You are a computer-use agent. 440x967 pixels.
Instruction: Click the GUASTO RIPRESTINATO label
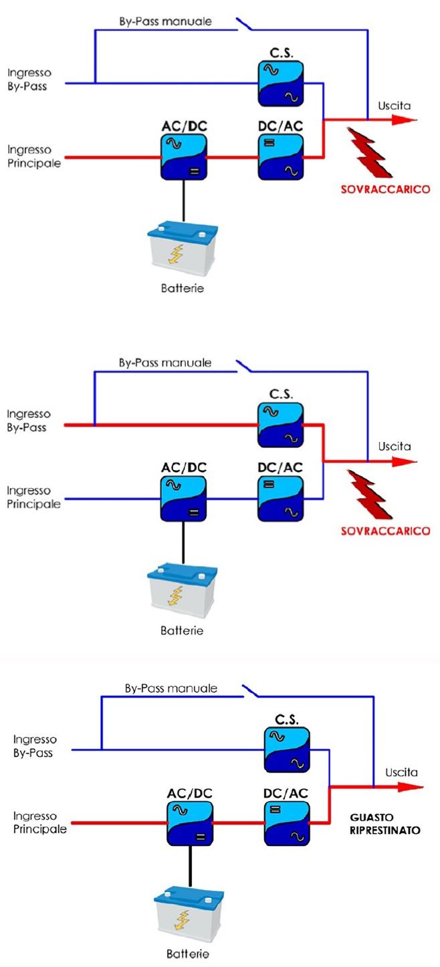pyautogui.click(x=385, y=824)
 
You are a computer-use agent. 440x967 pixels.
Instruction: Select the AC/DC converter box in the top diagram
pyautogui.click(x=183, y=156)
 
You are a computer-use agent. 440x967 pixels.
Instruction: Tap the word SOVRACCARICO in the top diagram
pyautogui.click(x=385, y=189)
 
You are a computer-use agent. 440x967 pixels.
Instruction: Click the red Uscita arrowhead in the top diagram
pyautogui.click(x=404, y=120)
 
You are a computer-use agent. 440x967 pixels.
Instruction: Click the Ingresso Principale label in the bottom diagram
pyautogui.click(x=40, y=823)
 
